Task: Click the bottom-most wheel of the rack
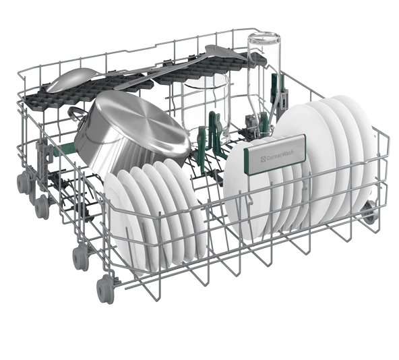tap(105, 290)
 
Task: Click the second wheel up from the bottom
tap(79, 257)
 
